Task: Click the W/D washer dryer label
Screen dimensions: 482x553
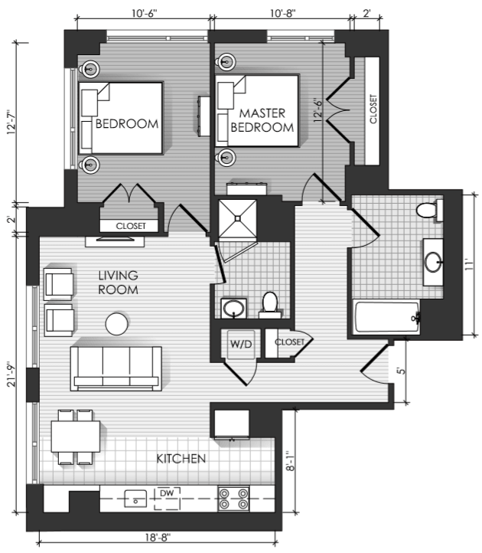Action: point(241,344)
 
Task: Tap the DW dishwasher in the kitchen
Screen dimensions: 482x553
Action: point(167,499)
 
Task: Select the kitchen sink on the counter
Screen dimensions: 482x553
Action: point(135,499)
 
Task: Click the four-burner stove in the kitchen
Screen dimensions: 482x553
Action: point(233,499)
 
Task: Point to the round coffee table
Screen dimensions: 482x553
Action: point(117,324)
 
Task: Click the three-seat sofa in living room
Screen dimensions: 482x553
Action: point(116,368)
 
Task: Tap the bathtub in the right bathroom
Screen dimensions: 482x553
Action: point(386,316)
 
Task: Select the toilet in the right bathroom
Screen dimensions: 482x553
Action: point(430,211)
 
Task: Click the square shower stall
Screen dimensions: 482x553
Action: point(237,218)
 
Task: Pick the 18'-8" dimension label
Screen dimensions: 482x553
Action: point(158,537)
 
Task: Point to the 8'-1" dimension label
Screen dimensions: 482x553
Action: point(290,460)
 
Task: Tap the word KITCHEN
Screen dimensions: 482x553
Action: point(181,459)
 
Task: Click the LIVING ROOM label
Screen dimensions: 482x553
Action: point(118,283)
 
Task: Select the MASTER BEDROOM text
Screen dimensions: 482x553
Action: point(262,120)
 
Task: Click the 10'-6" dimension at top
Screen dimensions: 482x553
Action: point(144,13)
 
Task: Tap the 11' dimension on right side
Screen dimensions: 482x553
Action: point(469,265)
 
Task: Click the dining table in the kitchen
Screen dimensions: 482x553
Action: point(76,437)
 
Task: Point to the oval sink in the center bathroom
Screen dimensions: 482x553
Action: point(233,308)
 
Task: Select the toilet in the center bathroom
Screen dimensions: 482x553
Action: point(270,305)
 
